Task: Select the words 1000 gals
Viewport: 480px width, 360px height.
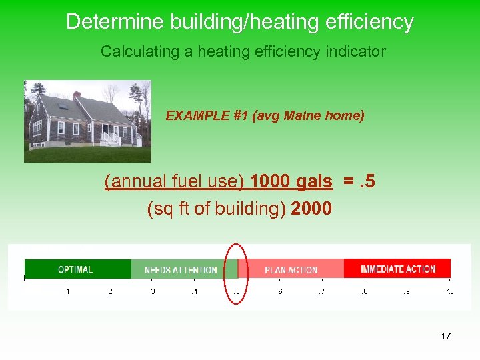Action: tap(291, 181)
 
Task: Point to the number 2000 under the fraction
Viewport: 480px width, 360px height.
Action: tap(311, 209)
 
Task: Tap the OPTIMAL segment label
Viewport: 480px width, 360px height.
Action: tap(75, 269)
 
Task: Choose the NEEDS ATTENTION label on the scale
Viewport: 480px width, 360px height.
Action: tap(181, 270)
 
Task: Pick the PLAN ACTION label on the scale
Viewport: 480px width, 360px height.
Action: tap(291, 270)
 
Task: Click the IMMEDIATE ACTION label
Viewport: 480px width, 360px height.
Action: tap(398, 269)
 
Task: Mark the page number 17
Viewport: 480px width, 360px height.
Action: tap(445, 336)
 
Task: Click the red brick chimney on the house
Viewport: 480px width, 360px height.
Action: tap(77, 95)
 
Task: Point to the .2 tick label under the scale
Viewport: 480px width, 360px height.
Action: tap(109, 291)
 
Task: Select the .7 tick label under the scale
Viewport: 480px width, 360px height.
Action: tap(322, 291)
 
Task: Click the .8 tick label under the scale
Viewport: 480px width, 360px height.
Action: tap(365, 291)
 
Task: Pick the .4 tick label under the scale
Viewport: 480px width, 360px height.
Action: tap(194, 291)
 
